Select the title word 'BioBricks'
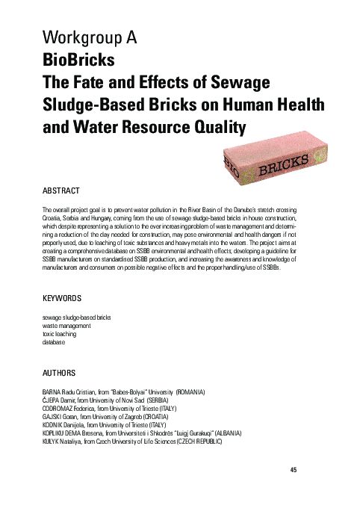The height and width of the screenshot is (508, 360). [x=78, y=58]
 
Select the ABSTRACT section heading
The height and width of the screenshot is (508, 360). [x=63, y=190]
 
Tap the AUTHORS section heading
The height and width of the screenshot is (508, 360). [x=60, y=372]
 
